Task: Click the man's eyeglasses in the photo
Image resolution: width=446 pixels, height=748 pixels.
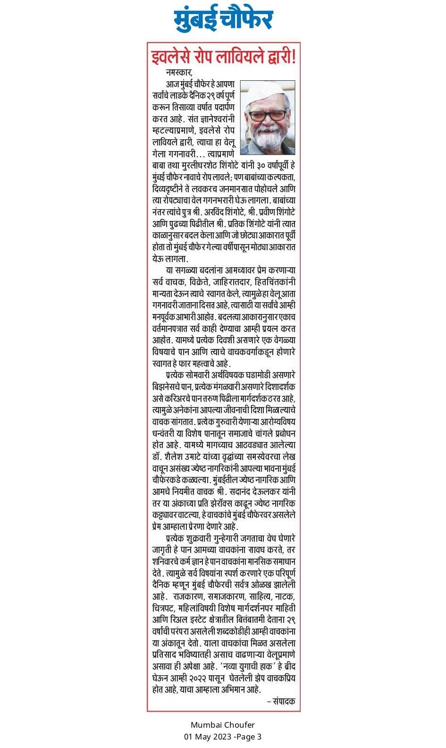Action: coord(267,115)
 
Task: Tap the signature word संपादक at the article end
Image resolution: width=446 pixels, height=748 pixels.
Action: coord(285,701)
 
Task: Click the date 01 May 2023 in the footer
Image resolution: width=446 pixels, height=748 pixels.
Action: coord(208,737)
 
